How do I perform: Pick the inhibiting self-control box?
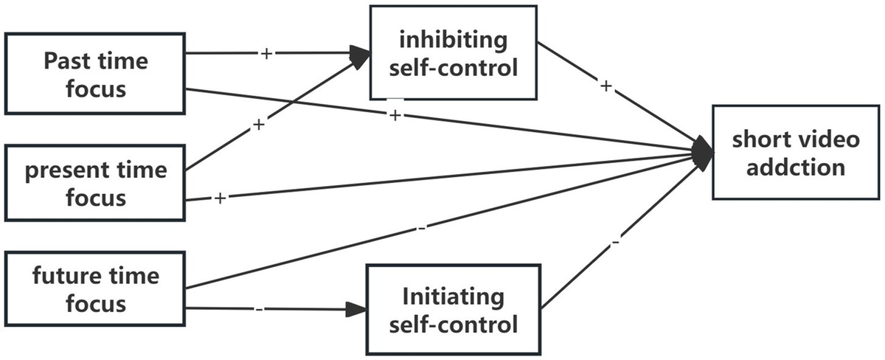453,53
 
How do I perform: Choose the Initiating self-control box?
453,311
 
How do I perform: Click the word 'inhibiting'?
453,39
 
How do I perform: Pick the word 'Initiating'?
453,297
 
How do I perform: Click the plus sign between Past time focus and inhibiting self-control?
268,54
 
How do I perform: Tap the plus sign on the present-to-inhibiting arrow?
258,125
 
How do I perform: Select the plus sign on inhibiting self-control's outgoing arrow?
606,86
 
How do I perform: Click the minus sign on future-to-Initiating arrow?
260,308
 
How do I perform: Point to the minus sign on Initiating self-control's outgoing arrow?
616,241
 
